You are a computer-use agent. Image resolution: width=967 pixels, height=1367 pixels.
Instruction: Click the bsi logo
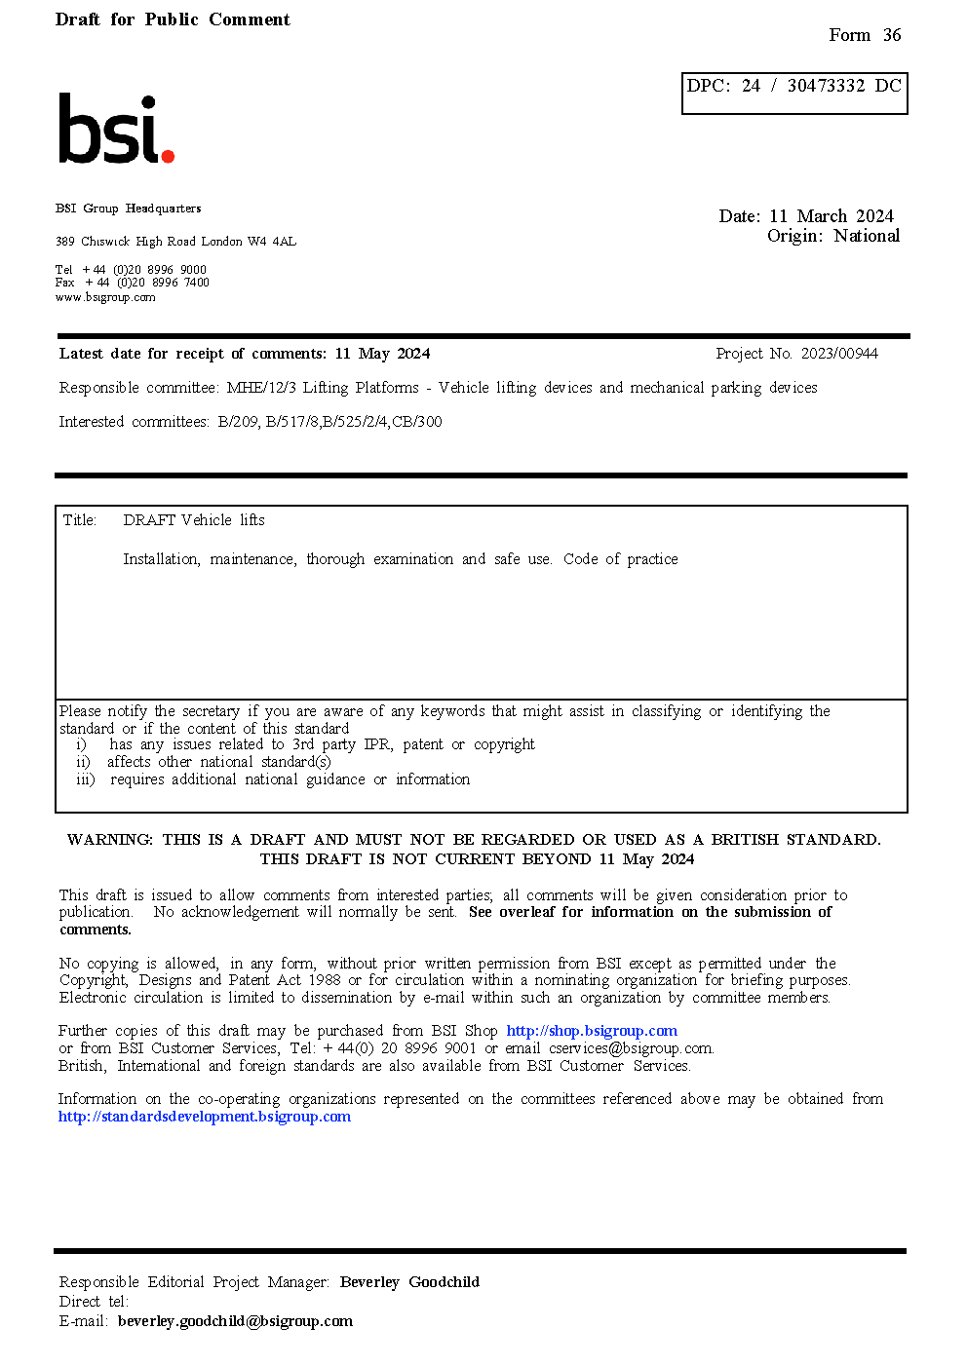click(x=115, y=129)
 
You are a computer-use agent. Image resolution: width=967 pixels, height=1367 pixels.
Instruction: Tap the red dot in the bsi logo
click(x=168, y=156)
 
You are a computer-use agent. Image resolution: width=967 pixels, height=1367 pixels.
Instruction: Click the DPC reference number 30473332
click(x=826, y=86)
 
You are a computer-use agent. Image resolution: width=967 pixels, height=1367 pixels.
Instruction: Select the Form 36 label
click(x=865, y=35)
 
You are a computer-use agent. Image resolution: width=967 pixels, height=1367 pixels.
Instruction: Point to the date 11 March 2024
click(x=832, y=216)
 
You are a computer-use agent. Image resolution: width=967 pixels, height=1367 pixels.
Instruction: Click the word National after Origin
click(x=867, y=236)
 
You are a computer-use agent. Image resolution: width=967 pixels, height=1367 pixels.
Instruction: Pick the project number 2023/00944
click(x=839, y=354)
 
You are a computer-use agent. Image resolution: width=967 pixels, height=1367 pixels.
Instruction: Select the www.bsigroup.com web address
click(x=105, y=298)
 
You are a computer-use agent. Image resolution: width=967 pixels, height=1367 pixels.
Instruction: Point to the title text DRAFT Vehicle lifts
click(x=194, y=520)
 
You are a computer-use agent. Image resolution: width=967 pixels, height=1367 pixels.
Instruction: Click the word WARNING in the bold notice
click(x=109, y=840)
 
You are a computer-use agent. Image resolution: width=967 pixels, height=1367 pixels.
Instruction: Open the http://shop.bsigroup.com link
click(x=592, y=1031)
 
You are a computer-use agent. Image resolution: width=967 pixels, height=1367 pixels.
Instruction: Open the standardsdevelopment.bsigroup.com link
click(x=205, y=1117)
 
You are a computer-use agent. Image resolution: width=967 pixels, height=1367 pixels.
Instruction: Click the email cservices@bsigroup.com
click(x=630, y=1048)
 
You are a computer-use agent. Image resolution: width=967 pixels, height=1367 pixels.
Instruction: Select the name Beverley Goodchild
click(x=409, y=1282)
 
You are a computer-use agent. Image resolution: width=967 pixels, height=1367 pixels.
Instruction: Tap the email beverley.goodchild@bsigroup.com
click(x=235, y=1321)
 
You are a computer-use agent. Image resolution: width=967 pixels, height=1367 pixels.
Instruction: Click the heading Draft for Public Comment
click(x=173, y=19)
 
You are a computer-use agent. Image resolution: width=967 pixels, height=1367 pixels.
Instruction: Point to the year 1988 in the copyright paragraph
click(x=325, y=980)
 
